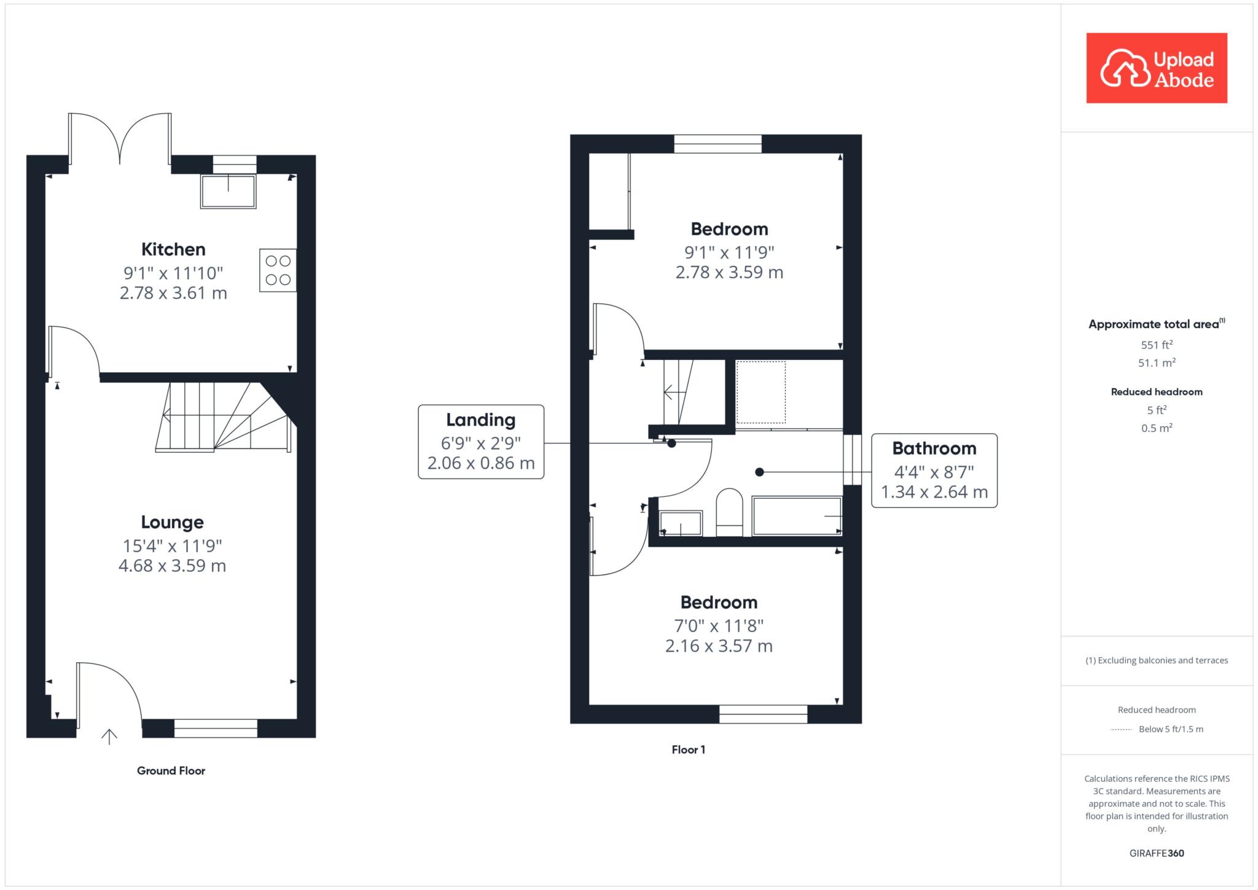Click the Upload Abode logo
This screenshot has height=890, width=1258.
pyautogui.click(x=1157, y=68)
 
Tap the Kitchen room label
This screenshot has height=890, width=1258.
pyautogui.click(x=173, y=249)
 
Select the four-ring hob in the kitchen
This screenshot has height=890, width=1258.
pyautogui.click(x=278, y=270)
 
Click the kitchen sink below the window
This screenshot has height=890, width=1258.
pyautogui.click(x=228, y=191)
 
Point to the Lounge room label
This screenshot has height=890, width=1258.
pyautogui.click(x=173, y=522)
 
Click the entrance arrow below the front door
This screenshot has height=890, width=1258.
pyautogui.click(x=109, y=737)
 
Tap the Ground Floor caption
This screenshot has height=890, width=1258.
pyautogui.click(x=171, y=771)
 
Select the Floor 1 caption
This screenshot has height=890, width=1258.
pyautogui.click(x=689, y=749)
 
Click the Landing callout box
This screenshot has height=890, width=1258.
pyautogui.click(x=481, y=442)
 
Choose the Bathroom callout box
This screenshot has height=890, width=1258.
pyautogui.click(x=934, y=470)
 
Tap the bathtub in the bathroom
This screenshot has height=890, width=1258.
pyautogui.click(x=797, y=516)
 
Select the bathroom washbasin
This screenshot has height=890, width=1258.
pyautogui.click(x=681, y=523)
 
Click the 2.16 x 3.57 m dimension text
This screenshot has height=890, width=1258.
pyautogui.click(x=719, y=646)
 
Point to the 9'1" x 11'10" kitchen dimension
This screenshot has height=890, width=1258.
pyautogui.click(x=173, y=273)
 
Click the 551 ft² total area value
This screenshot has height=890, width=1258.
pyautogui.click(x=1157, y=345)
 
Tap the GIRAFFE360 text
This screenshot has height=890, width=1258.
pyautogui.click(x=1157, y=853)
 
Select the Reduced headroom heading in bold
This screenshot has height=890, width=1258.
pyautogui.click(x=1157, y=392)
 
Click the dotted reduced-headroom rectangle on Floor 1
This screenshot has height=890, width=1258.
pyautogui.click(x=760, y=392)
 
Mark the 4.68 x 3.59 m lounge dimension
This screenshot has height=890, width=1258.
pyautogui.click(x=173, y=566)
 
